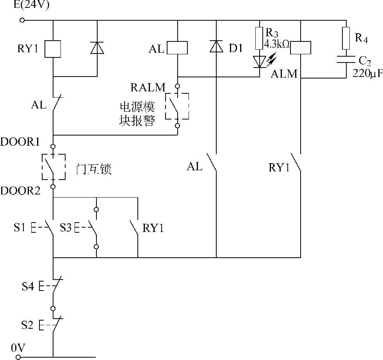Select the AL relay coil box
[x=178, y=48]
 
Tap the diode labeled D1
[x=216, y=47]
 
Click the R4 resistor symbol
[x=346, y=38]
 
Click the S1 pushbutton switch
[x=49, y=227]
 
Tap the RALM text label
[x=148, y=87]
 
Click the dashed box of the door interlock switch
[x=53, y=167]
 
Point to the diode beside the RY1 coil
[x=97, y=48]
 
